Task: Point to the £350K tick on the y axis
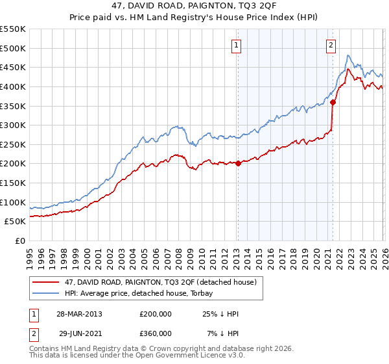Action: pos(13,105)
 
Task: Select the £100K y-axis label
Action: pos(13,202)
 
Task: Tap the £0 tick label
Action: pos(20,240)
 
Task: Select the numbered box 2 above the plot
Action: pos(331,45)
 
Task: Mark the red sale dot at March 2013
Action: pos(238,163)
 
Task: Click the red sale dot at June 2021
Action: pos(333,101)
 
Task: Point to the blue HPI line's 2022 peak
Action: pos(348,56)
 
